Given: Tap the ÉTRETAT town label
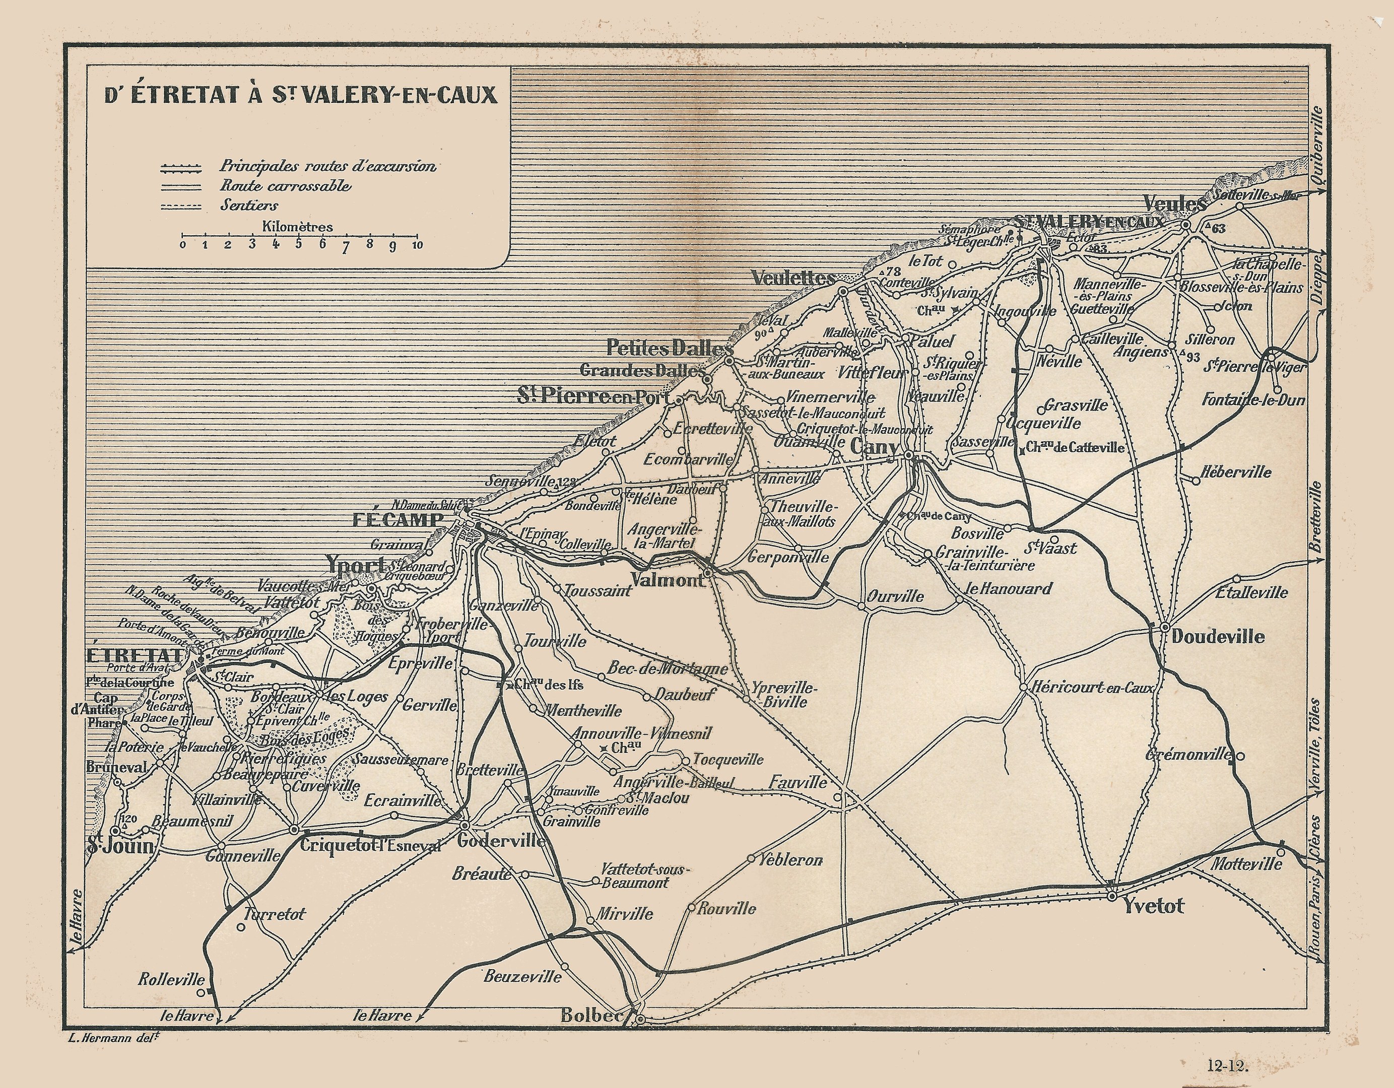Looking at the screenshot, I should (134, 656).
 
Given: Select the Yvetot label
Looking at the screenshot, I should (1154, 906).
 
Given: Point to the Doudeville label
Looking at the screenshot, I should (1218, 636).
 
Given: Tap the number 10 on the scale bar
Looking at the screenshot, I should (418, 245).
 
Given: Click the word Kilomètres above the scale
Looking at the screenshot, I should (297, 227).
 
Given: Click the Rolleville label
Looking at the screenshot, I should (172, 980).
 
